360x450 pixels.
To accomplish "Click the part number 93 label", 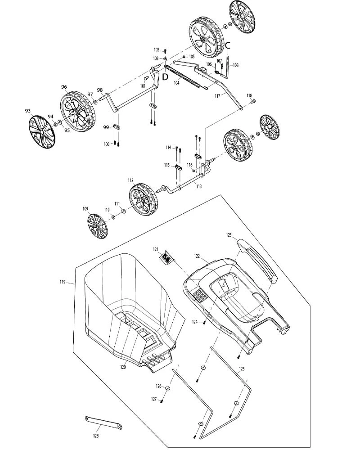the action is (28, 111).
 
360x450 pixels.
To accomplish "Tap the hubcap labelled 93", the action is (42, 132).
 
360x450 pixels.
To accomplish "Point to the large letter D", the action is (165, 77).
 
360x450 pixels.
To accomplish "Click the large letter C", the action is (227, 45).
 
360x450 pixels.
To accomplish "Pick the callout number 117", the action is (217, 96).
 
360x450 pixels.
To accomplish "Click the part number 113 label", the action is (198, 186).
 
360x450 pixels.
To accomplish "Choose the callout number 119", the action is (63, 282).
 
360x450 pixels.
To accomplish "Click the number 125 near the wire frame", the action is (242, 369).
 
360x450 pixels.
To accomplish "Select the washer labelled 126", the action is (168, 388).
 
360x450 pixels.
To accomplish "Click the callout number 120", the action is (123, 367).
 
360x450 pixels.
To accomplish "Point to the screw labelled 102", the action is (165, 51).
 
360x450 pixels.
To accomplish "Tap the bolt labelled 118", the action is (253, 101).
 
